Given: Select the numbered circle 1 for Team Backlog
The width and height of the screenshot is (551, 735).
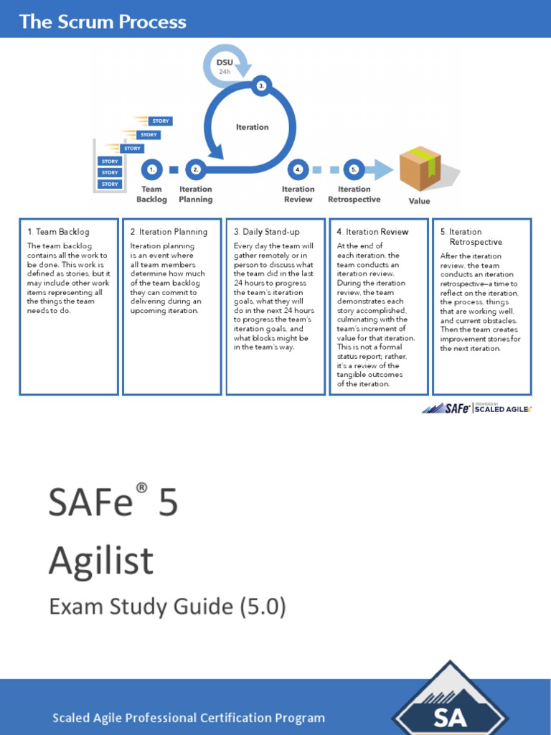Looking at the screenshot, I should coord(151,170).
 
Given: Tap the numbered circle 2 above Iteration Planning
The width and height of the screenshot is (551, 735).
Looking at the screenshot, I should coord(195,170).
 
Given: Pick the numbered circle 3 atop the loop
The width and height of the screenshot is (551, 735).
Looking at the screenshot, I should coord(261,85).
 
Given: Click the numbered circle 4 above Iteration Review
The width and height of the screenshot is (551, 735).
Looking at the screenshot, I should coord(298,170).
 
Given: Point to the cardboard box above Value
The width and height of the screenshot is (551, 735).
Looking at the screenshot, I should coord(421,168).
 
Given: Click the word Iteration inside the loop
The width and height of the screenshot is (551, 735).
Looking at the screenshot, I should coord(253,127).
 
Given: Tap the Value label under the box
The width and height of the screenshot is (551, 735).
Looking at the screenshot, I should coord(419,201).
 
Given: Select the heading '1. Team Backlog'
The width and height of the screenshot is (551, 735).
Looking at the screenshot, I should coord(59,232).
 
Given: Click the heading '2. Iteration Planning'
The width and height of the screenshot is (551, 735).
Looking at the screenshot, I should coord(169,232).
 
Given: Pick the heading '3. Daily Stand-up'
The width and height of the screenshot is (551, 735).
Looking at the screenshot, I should coord(267,232).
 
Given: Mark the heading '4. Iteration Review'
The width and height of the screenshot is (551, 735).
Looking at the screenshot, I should coord(372,232).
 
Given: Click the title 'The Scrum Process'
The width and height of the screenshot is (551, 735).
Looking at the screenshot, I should coord(103,22).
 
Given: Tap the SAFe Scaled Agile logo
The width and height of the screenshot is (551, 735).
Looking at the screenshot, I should coord(476,408).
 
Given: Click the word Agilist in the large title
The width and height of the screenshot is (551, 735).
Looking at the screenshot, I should coord(101,560).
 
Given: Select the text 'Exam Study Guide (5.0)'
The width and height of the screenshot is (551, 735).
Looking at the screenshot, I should coord(167,607).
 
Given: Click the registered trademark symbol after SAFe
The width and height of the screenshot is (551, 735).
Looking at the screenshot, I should coord(142,489).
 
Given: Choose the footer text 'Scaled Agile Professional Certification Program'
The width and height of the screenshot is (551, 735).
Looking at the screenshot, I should coord(189,718).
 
